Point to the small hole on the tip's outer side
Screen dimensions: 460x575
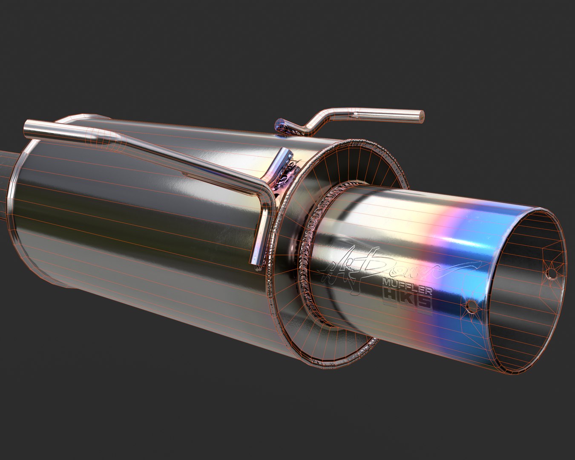471,306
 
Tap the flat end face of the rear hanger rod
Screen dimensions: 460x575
421,116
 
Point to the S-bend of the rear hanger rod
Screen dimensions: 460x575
317,119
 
